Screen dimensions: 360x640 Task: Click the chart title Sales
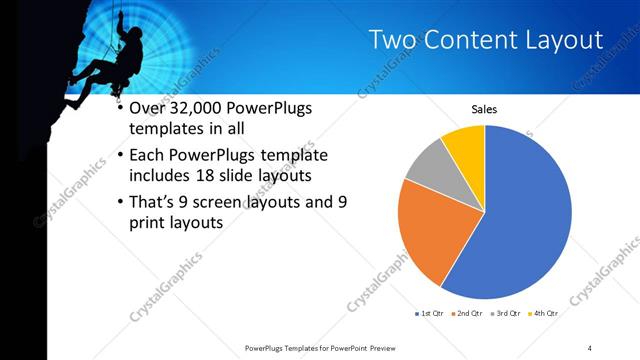tap(484, 108)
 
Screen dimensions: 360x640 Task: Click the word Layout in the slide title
tap(559, 40)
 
